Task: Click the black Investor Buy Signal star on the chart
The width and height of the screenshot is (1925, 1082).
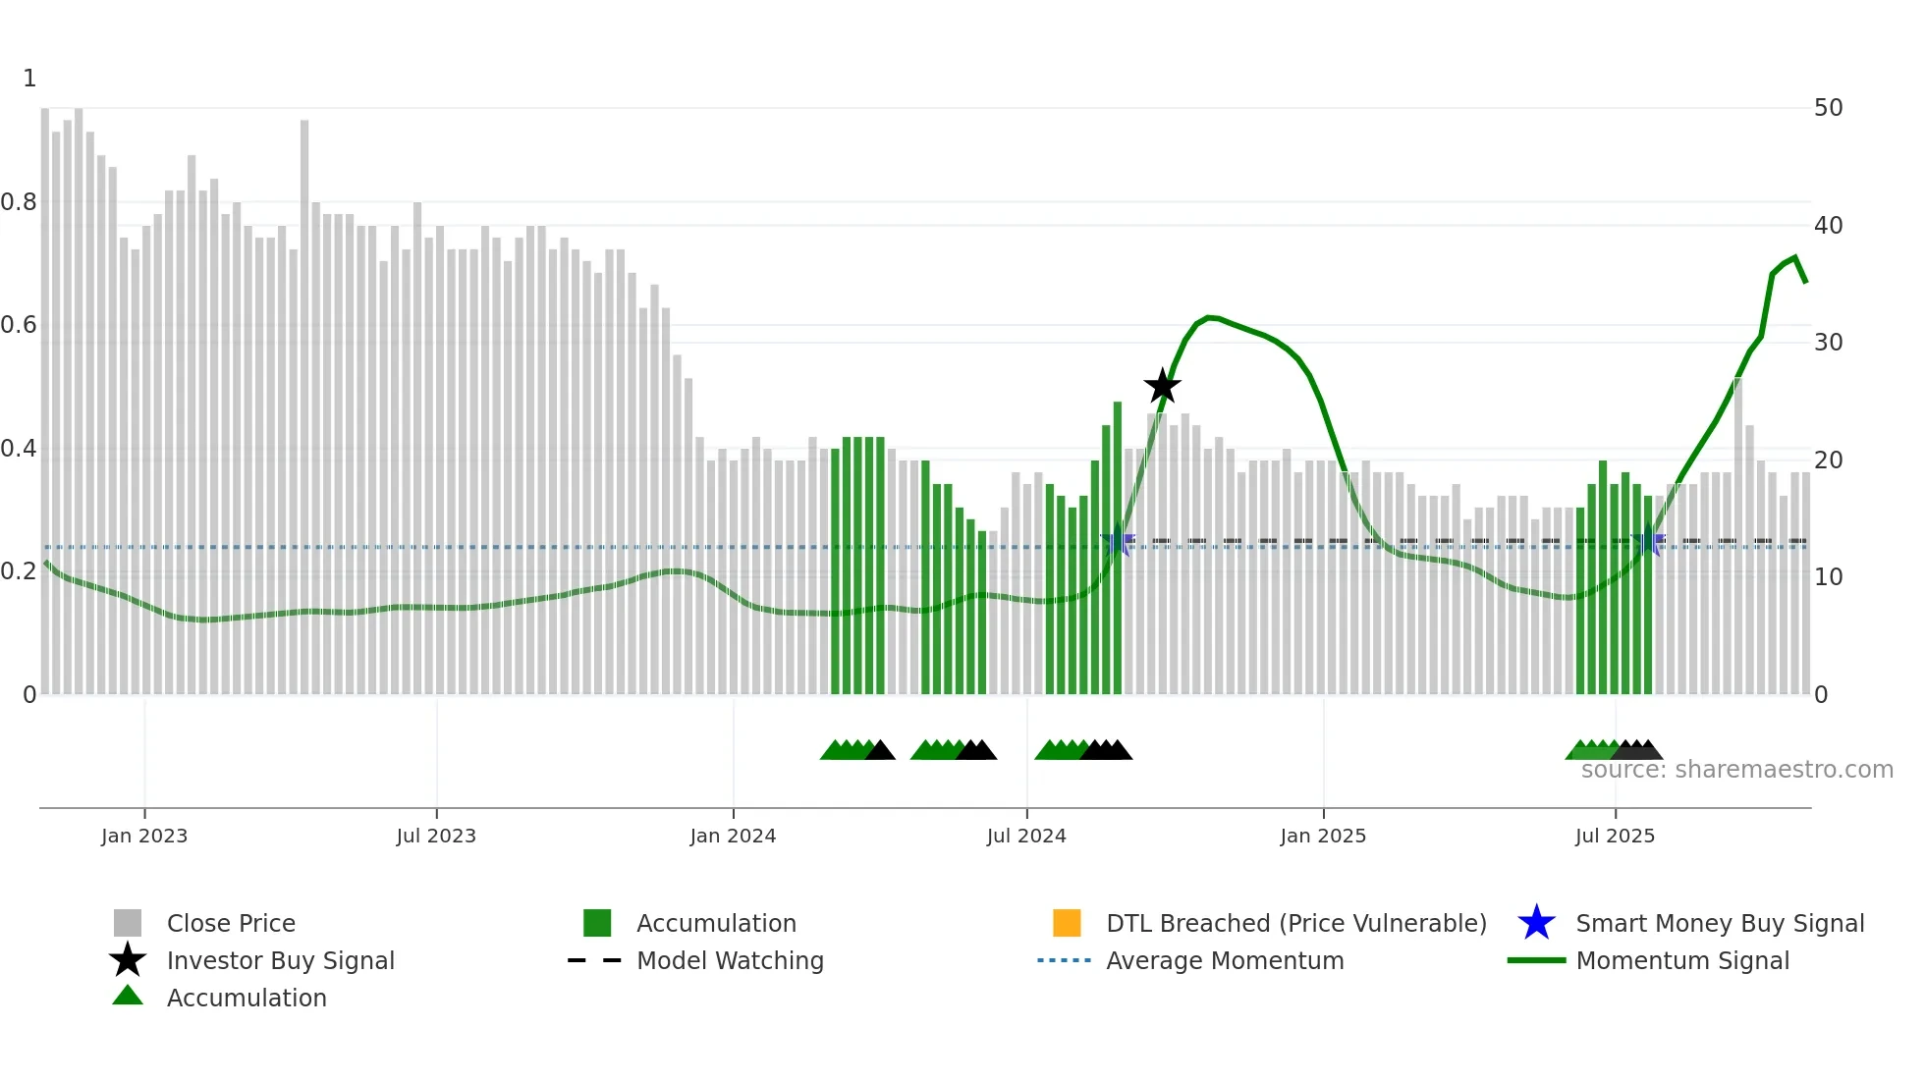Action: pos(1162,387)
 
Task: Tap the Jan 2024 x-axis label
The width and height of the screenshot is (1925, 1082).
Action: pos(733,836)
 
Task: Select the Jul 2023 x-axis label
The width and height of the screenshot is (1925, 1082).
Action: pos(436,836)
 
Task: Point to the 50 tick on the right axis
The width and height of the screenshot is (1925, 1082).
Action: pos(1828,108)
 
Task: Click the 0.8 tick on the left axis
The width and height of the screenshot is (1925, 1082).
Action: pos(19,202)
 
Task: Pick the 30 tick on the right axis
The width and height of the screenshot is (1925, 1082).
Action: pos(1828,343)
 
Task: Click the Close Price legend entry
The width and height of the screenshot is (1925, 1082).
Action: pos(230,923)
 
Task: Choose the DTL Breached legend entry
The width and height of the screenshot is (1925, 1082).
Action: pos(1295,923)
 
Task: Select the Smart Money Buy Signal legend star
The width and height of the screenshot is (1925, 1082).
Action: pos(1536,923)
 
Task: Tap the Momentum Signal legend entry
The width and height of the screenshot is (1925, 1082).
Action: pos(1681,960)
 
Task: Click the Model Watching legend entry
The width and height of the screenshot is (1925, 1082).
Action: pos(729,960)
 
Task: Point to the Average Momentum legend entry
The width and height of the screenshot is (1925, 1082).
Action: pos(1224,960)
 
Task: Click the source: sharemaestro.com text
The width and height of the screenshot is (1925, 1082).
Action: pos(1736,770)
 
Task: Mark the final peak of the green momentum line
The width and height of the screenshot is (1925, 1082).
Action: pos(1794,258)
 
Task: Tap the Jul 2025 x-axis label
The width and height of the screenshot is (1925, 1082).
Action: pos(1615,836)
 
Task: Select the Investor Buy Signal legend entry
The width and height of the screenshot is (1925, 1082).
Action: pos(280,960)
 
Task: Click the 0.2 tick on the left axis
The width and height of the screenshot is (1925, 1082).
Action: pos(19,571)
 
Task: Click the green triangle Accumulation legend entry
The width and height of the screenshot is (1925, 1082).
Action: pos(246,998)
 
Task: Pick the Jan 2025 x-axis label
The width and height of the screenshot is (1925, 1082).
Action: pos(1323,836)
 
